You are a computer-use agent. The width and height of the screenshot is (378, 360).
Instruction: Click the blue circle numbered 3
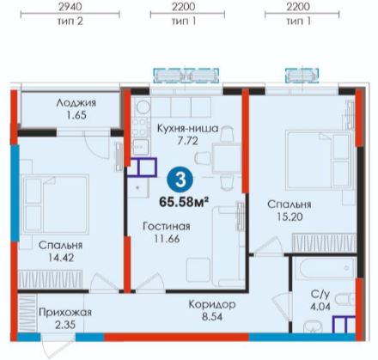[180, 180]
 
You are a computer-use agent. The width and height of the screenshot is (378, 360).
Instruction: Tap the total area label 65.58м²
[184, 202]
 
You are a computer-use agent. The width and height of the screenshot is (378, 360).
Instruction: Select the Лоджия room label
[76, 102]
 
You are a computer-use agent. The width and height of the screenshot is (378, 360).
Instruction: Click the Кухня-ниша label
[188, 128]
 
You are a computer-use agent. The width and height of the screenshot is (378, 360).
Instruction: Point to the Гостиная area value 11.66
[167, 239]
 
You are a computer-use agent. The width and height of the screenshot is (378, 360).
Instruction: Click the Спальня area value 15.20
[290, 217]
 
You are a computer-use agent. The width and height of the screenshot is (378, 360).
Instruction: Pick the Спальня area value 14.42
[61, 258]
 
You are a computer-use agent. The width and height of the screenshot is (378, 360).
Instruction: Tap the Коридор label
[212, 304]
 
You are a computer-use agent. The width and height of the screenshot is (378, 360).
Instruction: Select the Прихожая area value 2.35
[65, 325]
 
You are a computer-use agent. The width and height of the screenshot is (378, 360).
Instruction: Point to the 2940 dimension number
[70, 7]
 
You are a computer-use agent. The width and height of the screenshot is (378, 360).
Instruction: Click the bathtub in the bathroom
[326, 269]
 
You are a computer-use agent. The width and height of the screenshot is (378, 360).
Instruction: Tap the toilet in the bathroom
[345, 300]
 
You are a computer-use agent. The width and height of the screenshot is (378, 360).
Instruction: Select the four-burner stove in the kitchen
[140, 127]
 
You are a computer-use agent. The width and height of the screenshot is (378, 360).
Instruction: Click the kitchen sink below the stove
[140, 147]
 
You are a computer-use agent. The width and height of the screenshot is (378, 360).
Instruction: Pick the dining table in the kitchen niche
[226, 159]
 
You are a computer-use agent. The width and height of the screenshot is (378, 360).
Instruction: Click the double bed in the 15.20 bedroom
[319, 160]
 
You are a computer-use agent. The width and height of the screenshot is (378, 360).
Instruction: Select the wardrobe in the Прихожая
[27, 313]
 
